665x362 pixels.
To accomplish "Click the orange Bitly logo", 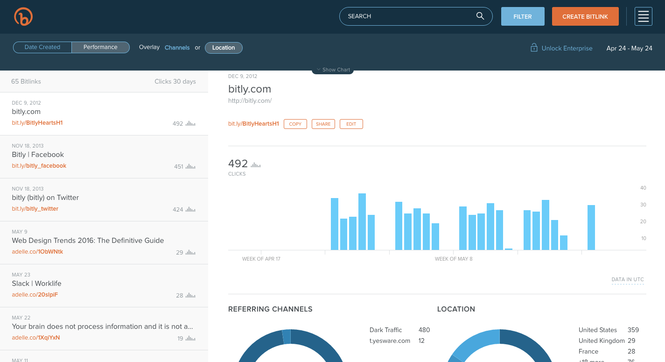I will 23,17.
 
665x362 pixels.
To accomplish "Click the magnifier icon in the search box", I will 480,16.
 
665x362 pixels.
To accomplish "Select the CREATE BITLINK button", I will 585,16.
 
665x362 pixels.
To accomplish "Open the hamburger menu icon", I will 643,16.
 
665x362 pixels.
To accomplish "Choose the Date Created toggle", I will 42,47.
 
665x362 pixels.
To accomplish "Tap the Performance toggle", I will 100,47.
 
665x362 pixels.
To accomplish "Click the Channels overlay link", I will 177,48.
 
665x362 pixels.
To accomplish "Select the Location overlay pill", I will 224,48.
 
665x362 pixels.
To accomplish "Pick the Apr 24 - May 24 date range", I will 629,48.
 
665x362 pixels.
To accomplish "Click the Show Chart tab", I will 333,70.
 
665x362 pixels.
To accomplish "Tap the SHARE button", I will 323,124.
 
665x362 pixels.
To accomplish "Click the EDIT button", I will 351,124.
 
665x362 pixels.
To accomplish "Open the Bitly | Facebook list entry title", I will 38,155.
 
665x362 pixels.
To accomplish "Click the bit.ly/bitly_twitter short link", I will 35,209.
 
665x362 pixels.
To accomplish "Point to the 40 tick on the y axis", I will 643,188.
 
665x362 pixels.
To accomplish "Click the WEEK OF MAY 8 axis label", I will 453,259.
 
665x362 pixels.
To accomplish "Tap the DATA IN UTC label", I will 627,279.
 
